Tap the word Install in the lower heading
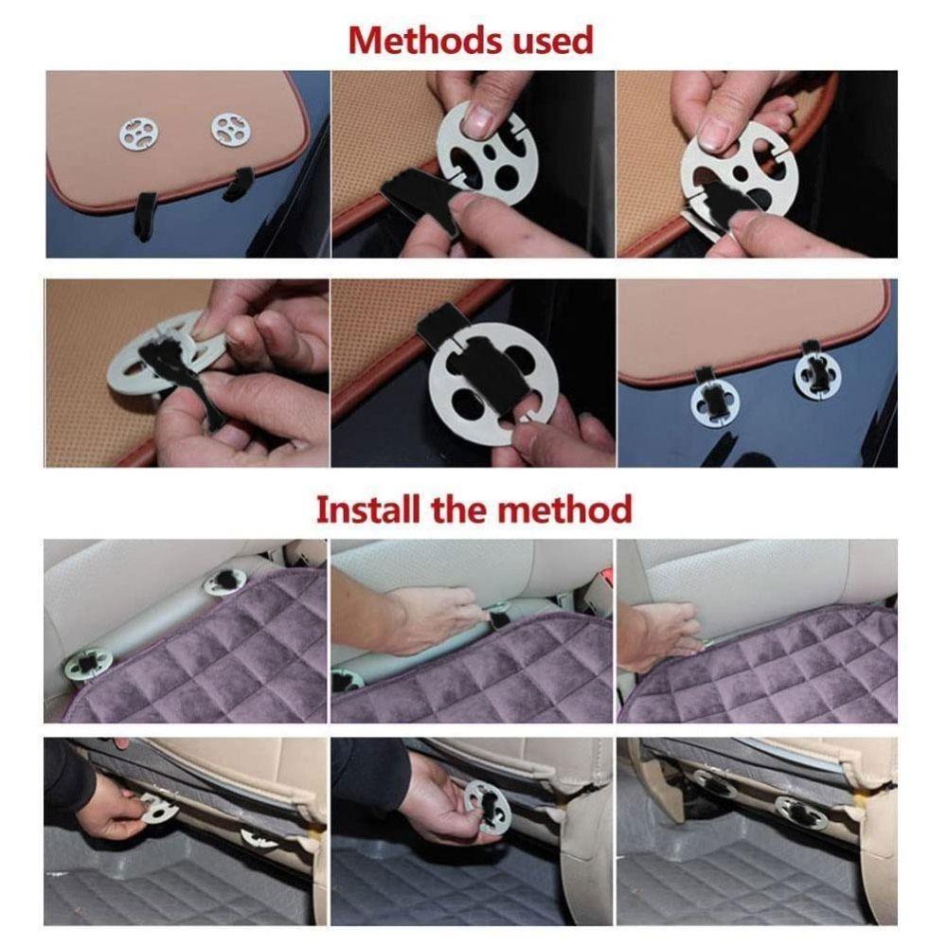click(x=367, y=509)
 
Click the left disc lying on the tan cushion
click(x=139, y=134)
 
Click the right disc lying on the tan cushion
click(x=230, y=129)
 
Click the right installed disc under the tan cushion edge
click(x=817, y=375)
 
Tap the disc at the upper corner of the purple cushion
click(x=224, y=581)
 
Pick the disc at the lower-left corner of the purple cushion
click(x=88, y=666)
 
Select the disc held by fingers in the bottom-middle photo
click(x=487, y=806)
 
